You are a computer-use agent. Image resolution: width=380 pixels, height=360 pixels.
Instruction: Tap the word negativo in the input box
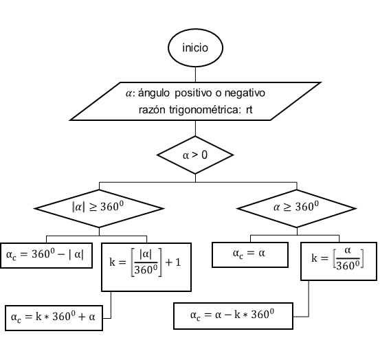(x=245, y=93)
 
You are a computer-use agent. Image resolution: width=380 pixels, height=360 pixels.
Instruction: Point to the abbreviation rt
(x=249, y=110)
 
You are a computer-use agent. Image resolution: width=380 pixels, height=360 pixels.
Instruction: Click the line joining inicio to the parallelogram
(x=195, y=75)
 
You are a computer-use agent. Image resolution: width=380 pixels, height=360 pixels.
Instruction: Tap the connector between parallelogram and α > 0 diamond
(x=195, y=128)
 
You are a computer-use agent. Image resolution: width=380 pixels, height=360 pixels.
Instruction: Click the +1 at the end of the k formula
(x=173, y=262)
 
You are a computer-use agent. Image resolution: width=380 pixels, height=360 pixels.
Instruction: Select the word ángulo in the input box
(x=154, y=93)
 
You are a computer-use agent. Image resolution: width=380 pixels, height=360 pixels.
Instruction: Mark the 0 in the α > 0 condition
(x=205, y=155)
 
